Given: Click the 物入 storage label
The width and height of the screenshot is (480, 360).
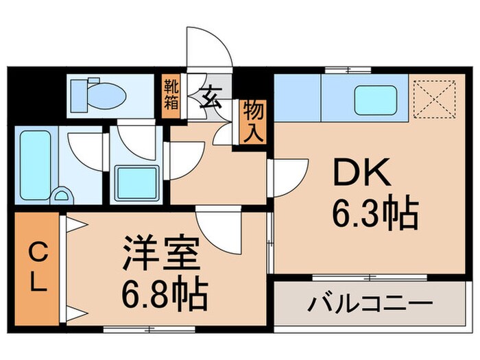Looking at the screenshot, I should coord(252,121).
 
